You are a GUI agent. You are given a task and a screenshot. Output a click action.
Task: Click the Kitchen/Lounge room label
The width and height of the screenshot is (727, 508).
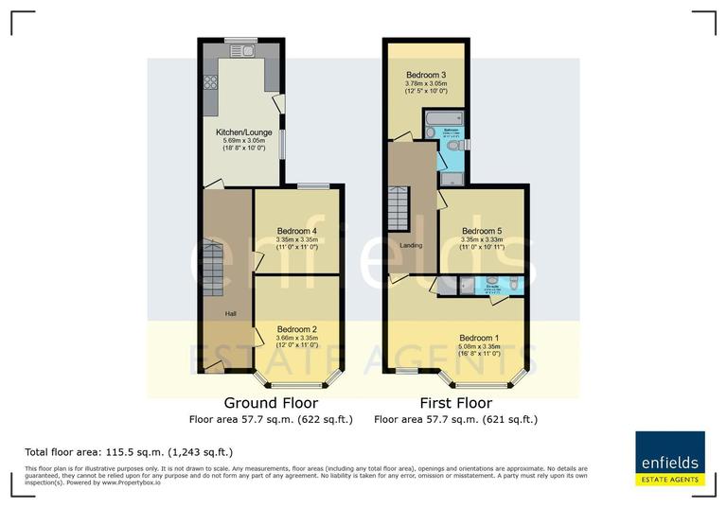(x=239, y=131)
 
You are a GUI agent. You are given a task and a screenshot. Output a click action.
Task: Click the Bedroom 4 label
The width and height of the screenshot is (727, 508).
(x=297, y=231)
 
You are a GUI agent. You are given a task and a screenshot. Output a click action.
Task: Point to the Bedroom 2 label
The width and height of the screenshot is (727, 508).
(x=297, y=328)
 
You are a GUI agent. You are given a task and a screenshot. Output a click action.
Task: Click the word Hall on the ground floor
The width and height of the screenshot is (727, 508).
(x=229, y=313)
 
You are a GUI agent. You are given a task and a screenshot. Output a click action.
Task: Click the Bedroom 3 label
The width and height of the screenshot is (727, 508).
(x=426, y=75)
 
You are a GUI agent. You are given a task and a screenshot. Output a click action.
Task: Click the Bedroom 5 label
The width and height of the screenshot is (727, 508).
(x=482, y=231)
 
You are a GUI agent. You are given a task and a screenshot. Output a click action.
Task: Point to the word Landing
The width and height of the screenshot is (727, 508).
(x=411, y=246)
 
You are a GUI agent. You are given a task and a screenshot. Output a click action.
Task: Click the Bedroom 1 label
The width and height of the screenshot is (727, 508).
(x=479, y=338)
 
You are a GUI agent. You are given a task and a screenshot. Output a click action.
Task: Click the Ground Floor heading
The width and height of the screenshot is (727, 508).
(x=271, y=402)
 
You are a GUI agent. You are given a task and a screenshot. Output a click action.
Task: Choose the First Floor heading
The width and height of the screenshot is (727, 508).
(x=456, y=402)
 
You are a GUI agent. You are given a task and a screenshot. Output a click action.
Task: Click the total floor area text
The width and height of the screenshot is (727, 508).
(x=129, y=452)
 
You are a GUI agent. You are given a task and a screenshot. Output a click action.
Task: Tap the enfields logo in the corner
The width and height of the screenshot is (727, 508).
(x=669, y=459)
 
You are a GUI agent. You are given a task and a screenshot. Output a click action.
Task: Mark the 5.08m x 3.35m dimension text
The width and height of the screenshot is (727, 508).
(x=479, y=346)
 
